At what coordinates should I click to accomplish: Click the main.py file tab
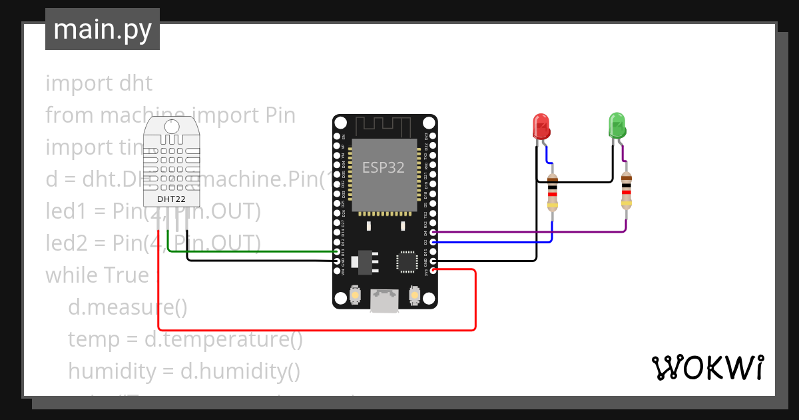tap(102, 29)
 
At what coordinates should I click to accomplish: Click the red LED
tap(541, 126)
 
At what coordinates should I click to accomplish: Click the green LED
tap(617, 125)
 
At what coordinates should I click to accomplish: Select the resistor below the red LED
tap(552, 192)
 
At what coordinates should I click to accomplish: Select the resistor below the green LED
tap(626, 191)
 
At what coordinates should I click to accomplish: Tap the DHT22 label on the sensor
tap(171, 199)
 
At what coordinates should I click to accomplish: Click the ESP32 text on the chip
tap(383, 168)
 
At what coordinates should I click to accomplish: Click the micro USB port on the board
tap(385, 301)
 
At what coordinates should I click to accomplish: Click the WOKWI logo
tap(706, 368)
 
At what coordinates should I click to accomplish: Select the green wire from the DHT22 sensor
tap(253, 251)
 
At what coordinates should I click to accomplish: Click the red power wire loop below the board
tap(320, 329)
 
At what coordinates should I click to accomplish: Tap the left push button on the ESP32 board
tap(356, 295)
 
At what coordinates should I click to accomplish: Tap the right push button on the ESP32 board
tap(414, 295)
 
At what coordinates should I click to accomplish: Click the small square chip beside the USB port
tap(407, 262)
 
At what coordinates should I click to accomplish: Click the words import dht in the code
tap(99, 83)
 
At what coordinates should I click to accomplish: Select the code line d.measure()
tap(127, 307)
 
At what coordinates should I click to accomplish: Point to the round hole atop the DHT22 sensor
tap(172, 127)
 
